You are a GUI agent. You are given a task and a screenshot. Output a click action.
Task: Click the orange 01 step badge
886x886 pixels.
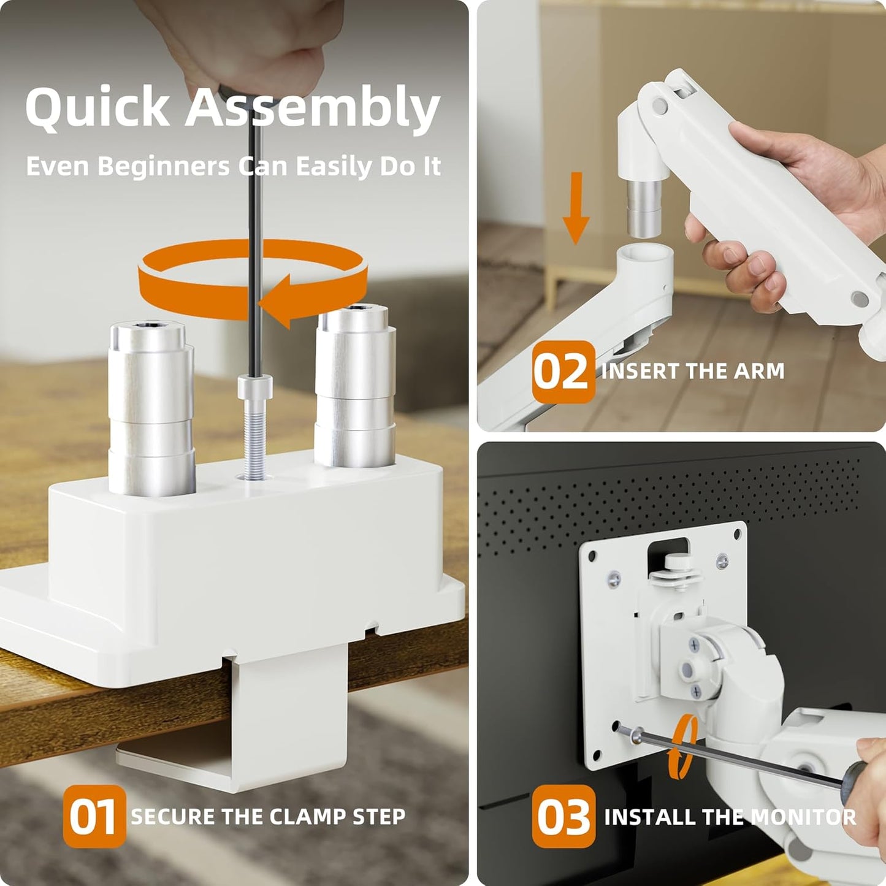tap(94, 816)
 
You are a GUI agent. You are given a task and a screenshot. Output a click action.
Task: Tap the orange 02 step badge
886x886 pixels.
tap(563, 372)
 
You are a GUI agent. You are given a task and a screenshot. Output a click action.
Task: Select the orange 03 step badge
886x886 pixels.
tap(563, 816)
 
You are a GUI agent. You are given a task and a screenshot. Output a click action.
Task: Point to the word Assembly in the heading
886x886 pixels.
tap(313, 107)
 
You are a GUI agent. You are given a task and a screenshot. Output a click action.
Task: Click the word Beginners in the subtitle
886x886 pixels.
tap(163, 166)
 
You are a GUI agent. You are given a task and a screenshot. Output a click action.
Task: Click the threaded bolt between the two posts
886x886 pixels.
tap(254, 435)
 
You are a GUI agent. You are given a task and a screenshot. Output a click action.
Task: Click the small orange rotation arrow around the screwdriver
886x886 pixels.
tap(685, 745)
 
